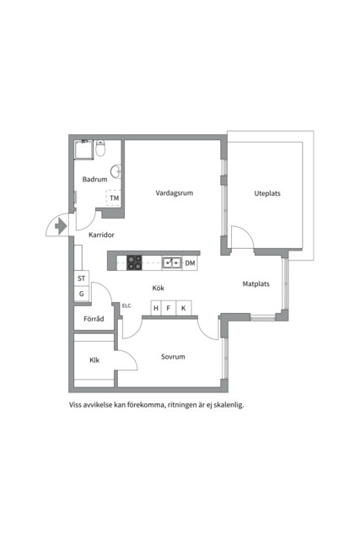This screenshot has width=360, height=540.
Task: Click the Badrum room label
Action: [94, 180]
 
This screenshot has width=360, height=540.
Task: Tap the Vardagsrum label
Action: [175, 193]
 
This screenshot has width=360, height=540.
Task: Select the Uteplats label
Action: [267, 193]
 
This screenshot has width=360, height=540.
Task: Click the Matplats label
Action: [255, 283]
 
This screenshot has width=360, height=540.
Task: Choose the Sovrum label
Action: [173, 357]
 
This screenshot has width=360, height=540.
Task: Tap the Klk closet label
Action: [95, 360]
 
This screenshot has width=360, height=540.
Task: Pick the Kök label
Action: [158, 289]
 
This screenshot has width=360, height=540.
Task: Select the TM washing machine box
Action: [115, 199]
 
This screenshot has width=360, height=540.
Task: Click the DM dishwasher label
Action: [191, 263]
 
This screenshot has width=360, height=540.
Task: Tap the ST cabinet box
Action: [82, 278]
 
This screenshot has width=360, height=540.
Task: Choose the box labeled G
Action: [82, 294]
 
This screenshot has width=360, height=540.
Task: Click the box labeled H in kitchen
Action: [155, 309]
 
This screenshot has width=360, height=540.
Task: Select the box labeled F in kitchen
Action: [169, 309]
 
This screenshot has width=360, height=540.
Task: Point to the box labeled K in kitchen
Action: [182, 309]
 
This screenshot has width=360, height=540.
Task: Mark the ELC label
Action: [126, 305]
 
